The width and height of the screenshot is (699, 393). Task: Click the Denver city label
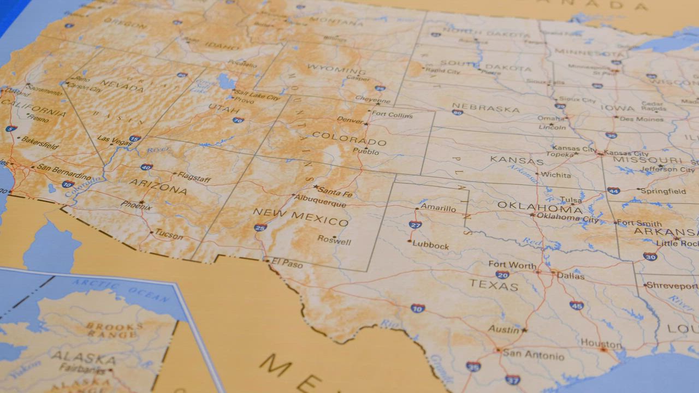350,120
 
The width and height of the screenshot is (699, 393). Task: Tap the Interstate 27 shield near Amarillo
415,224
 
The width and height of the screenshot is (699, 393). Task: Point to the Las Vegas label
114,140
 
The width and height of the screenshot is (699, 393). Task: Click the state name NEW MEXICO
301,217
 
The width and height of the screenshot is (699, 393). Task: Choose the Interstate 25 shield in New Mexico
260,227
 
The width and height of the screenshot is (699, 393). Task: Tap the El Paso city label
287,265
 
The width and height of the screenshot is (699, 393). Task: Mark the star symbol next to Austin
524,330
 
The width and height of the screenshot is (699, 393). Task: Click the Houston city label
601,344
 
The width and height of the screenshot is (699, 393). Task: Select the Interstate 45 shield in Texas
576,306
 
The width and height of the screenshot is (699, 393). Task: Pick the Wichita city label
556,175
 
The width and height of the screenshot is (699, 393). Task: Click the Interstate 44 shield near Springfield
613,190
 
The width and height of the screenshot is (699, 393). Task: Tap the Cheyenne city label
373,100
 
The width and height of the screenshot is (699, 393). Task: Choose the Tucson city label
169,235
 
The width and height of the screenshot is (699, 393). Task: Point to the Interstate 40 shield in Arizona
146,167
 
